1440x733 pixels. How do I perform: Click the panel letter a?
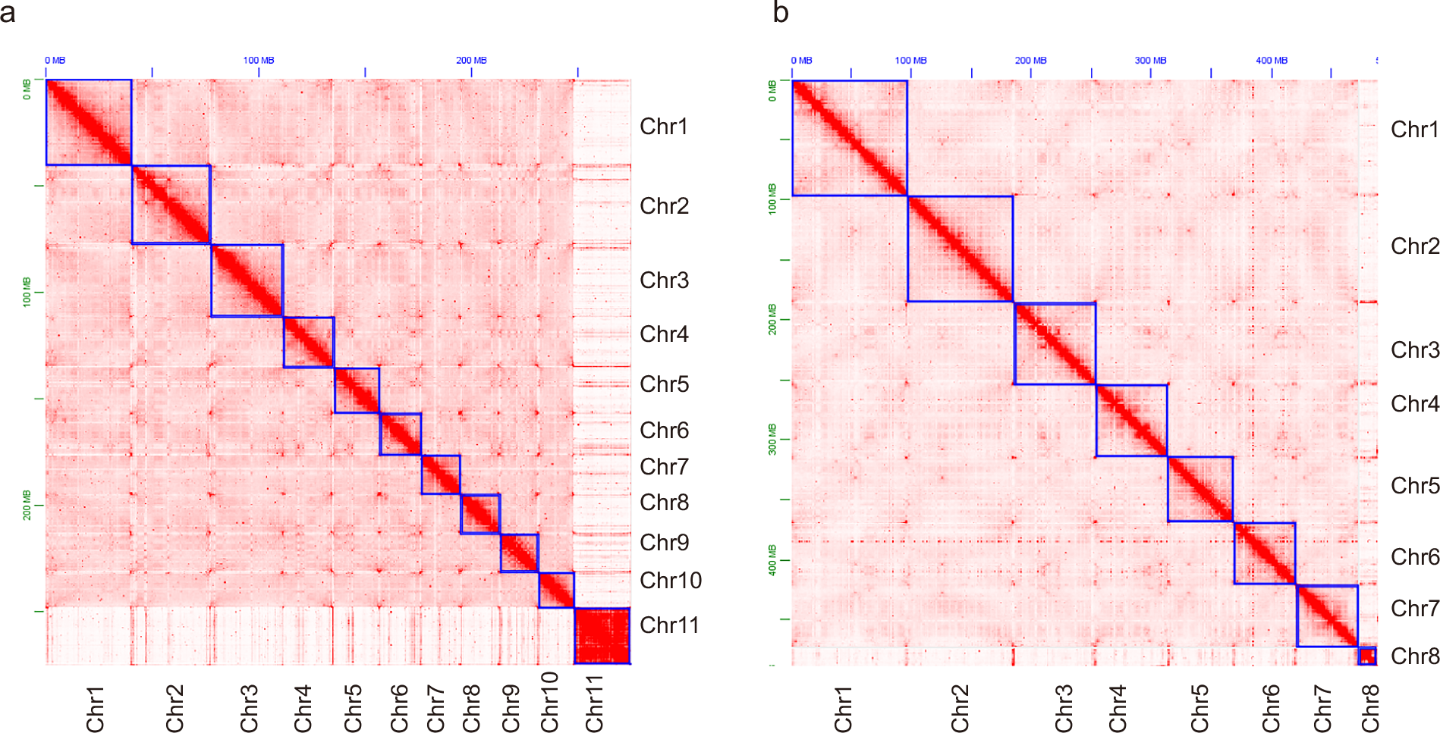pyautogui.click(x=8, y=12)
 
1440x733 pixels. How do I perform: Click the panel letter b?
pyautogui.click(x=781, y=12)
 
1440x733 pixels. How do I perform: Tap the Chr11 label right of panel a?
pyautogui.click(x=668, y=625)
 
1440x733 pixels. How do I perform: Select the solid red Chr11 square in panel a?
pyautogui.click(x=602, y=636)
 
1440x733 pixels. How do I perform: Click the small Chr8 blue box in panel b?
pyautogui.click(x=1366, y=656)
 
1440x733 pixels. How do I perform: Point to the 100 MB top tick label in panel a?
pyautogui.click(x=259, y=61)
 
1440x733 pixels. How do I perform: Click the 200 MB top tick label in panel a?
pyautogui.click(x=471, y=61)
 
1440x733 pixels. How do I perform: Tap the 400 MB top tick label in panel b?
pyautogui.click(x=1271, y=61)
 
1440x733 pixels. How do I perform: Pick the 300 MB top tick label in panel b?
pyautogui.click(x=1150, y=61)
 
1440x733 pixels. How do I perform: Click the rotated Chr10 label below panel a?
pyautogui.click(x=549, y=702)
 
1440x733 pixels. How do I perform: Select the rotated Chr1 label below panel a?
pyautogui.click(x=95, y=709)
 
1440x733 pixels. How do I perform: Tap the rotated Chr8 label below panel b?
pyautogui.click(x=1369, y=709)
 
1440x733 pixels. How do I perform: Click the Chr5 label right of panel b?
pyautogui.click(x=1414, y=486)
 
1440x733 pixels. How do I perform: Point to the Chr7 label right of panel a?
pyautogui.click(x=664, y=467)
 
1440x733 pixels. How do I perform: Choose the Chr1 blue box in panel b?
pyautogui.click(x=849, y=138)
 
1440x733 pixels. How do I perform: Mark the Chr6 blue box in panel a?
pyautogui.click(x=400, y=434)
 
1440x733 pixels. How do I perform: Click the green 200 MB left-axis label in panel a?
pyautogui.click(x=27, y=505)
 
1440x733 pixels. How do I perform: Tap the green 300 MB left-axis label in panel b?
pyautogui.click(x=772, y=439)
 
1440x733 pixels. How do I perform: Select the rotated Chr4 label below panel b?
pyautogui.click(x=1118, y=709)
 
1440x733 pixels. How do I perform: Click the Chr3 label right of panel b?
pyautogui.click(x=1414, y=350)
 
